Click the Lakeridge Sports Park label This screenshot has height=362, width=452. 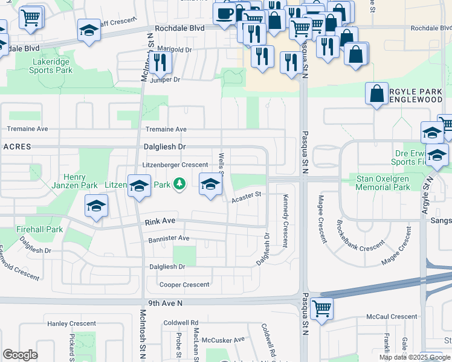50,66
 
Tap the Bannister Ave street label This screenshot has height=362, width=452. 169,238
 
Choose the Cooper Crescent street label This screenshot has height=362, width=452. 184,284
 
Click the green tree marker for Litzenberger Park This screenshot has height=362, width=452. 179,183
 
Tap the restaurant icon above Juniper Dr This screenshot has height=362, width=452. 160,62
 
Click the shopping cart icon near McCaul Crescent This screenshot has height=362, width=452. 322,308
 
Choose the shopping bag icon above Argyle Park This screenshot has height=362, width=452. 376,94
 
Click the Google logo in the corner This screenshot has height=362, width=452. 20,355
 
